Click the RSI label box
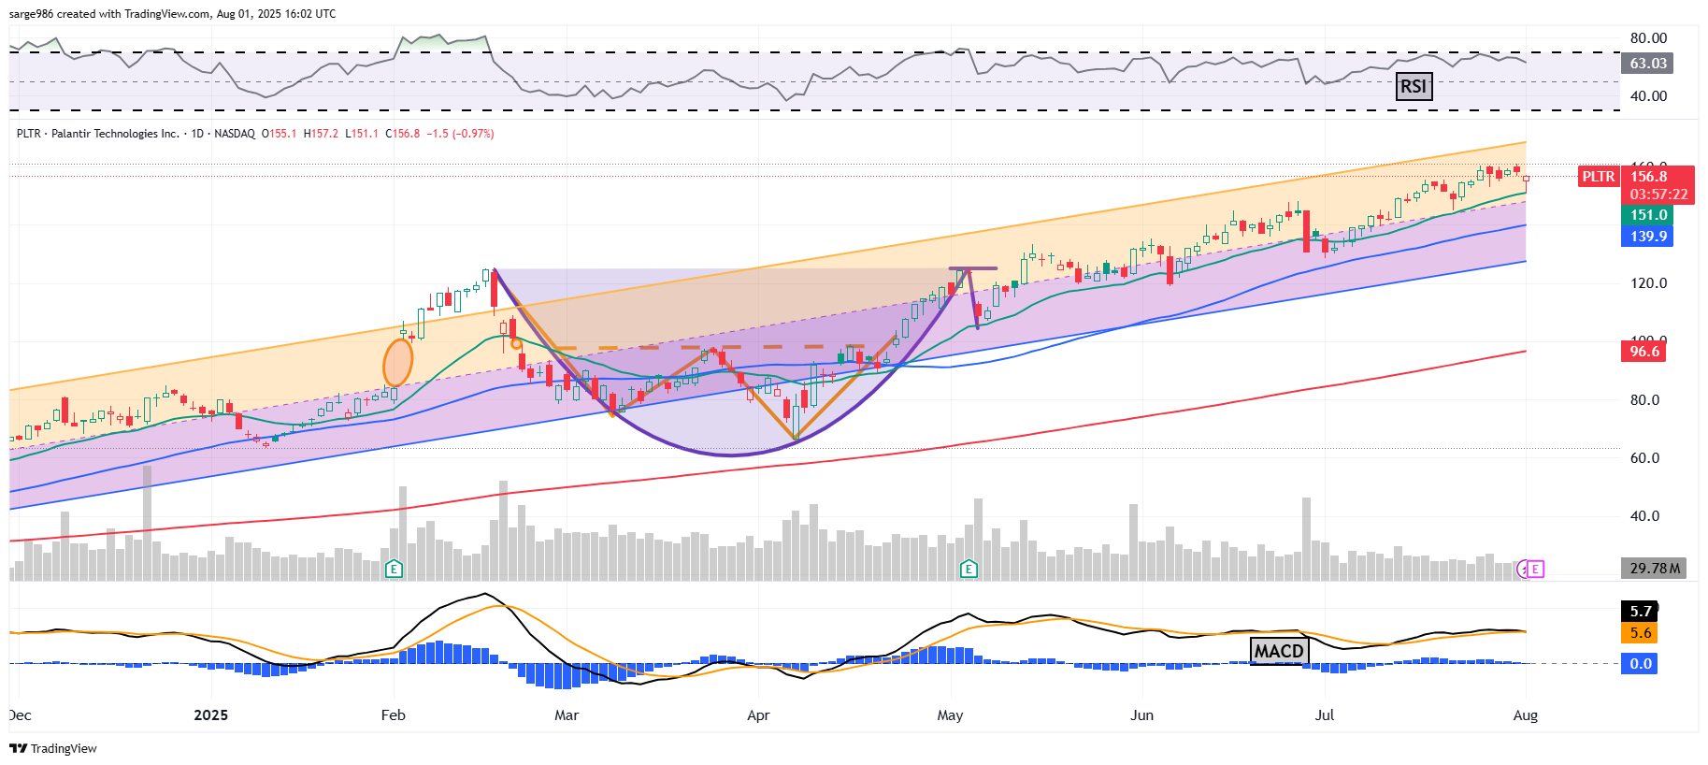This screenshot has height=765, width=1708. point(1414,87)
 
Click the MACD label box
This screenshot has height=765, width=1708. point(1278,651)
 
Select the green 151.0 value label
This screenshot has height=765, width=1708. point(1648,215)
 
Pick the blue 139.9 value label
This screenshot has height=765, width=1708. point(1648,237)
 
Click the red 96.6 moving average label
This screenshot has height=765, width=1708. point(1644,352)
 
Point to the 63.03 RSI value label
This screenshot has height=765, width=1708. point(1647,64)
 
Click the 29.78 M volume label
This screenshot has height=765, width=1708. point(1654,569)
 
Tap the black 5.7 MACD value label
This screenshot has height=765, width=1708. point(1641,612)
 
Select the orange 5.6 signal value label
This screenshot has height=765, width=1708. point(1641,633)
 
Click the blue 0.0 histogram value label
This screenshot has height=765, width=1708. point(1641,664)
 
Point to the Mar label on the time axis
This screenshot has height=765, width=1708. point(567,715)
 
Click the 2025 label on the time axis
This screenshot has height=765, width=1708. point(210,715)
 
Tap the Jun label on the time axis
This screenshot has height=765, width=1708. point(1141,715)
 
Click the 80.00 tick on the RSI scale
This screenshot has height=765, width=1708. point(1648,38)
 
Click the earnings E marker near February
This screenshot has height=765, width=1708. point(394,569)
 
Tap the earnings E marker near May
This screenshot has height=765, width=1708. point(969,569)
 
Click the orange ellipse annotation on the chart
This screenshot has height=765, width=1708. point(398,363)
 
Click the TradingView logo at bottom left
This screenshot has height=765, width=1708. point(53,748)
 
